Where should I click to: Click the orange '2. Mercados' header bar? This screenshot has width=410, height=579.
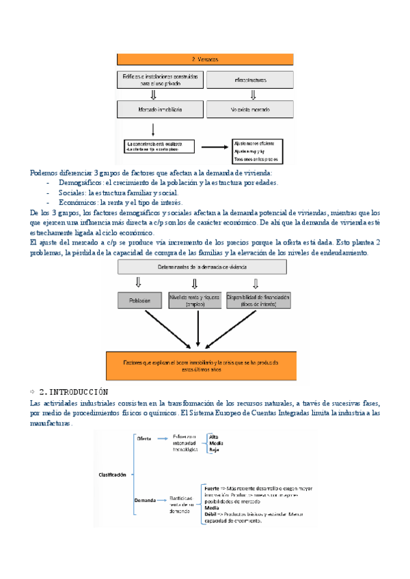pyautogui.click(x=204, y=59)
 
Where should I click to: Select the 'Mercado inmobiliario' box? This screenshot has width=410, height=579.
pyautogui.click(x=160, y=108)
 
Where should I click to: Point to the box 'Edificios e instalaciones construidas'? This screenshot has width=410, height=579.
pyautogui.click(x=160, y=80)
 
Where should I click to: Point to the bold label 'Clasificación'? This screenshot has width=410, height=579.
pyautogui.click(x=111, y=473)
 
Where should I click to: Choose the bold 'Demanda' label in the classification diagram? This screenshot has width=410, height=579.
pyautogui.click(x=146, y=501)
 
